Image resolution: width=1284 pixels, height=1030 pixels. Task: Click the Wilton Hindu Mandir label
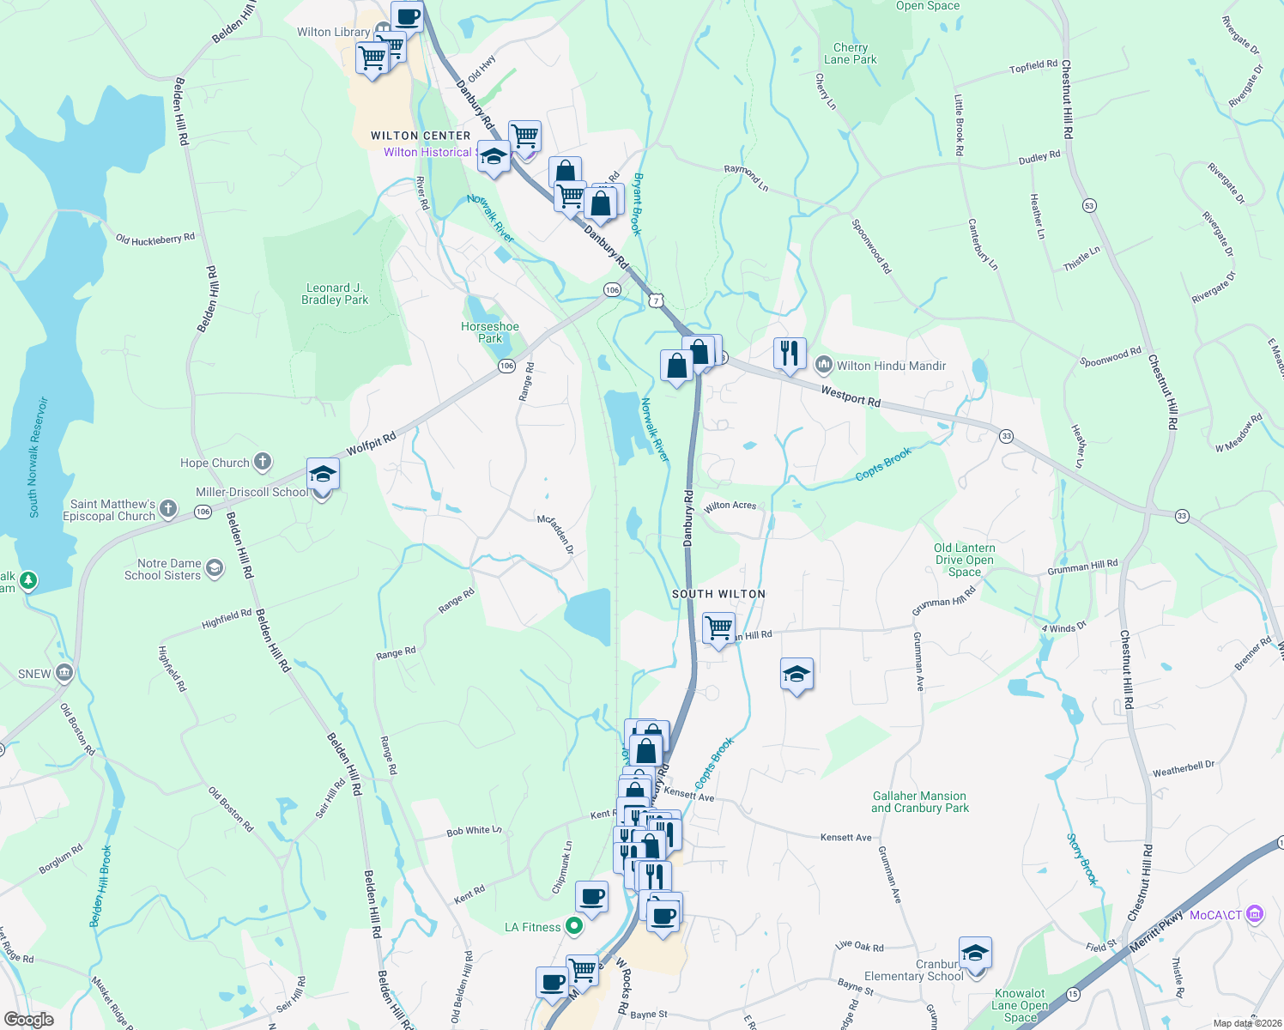pyautogui.click(x=891, y=366)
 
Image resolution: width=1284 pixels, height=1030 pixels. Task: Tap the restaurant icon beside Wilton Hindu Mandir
pyautogui.click(x=789, y=353)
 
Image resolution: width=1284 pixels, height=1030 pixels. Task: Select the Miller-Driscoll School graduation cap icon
pyautogui.click(x=323, y=475)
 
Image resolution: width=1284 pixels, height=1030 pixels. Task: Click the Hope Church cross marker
pyautogui.click(x=263, y=462)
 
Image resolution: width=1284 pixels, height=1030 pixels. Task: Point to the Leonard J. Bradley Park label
pyautogui.click(x=335, y=294)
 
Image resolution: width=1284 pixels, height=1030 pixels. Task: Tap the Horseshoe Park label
pyautogui.click(x=490, y=332)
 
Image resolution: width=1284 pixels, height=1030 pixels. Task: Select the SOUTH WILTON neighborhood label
pyautogui.click(x=718, y=594)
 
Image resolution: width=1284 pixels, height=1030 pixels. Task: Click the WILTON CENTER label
pyautogui.click(x=421, y=136)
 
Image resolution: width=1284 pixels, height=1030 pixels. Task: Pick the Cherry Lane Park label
pyautogui.click(x=851, y=53)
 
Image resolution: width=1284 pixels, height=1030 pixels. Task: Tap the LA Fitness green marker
pyautogui.click(x=574, y=926)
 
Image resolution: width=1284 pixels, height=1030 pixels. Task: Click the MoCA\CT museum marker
pyautogui.click(x=1255, y=914)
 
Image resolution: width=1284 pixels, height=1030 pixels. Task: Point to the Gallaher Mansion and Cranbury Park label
pyautogui.click(x=920, y=802)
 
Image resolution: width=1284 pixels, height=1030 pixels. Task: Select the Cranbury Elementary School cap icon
pyautogui.click(x=975, y=952)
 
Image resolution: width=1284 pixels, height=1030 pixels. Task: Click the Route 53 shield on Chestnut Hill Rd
pyautogui.click(x=1089, y=206)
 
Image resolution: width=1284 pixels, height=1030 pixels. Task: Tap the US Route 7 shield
pyautogui.click(x=656, y=301)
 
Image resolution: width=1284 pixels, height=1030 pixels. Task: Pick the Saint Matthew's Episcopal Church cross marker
pyautogui.click(x=168, y=509)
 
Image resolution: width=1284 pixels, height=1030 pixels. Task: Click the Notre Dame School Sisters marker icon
pyautogui.click(x=215, y=568)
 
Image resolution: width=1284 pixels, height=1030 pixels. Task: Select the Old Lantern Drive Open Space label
pyautogui.click(x=965, y=560)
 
